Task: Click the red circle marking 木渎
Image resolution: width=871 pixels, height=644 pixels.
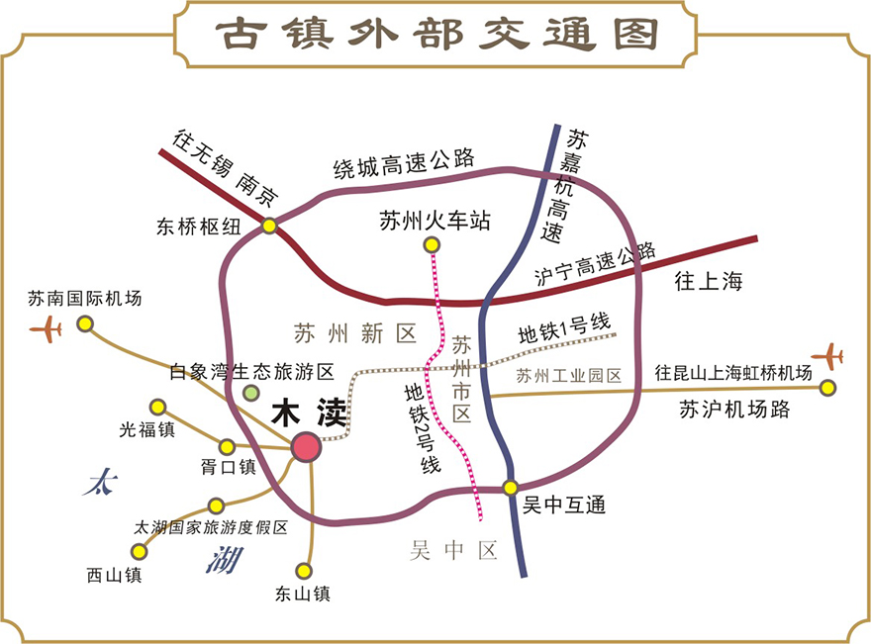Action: click(307, 447)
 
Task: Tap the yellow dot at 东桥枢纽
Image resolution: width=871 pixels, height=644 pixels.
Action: click(269, 227)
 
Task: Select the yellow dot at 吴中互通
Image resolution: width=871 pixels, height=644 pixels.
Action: click(511, 487)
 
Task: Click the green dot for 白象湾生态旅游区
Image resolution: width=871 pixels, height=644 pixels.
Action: click(251, 393)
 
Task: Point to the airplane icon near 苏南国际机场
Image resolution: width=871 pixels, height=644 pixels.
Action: click(46, 327)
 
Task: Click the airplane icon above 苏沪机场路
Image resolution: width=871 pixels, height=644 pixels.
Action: click(826, 355)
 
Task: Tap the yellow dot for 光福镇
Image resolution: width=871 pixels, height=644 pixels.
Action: click(157, 407)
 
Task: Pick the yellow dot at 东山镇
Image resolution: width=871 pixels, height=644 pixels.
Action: click(304, 571)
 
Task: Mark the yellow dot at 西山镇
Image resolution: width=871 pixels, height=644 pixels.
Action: click(140, 551)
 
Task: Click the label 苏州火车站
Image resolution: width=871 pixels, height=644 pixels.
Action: click(435, 221)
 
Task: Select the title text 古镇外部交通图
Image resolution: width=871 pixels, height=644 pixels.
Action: click(436, 35)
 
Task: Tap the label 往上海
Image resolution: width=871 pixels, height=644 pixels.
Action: click(708, 281)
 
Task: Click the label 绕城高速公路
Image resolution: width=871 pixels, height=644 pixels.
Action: click(403, 163)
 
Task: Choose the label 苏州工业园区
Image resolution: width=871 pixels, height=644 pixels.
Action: click(568, 376)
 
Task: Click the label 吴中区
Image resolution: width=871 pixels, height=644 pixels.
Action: click(453, 551)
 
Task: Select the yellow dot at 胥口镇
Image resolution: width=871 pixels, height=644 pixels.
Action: click(228, 446)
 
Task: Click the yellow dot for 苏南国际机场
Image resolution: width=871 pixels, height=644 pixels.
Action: click(85, 323)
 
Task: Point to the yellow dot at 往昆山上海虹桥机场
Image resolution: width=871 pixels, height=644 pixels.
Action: click(827, 388)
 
